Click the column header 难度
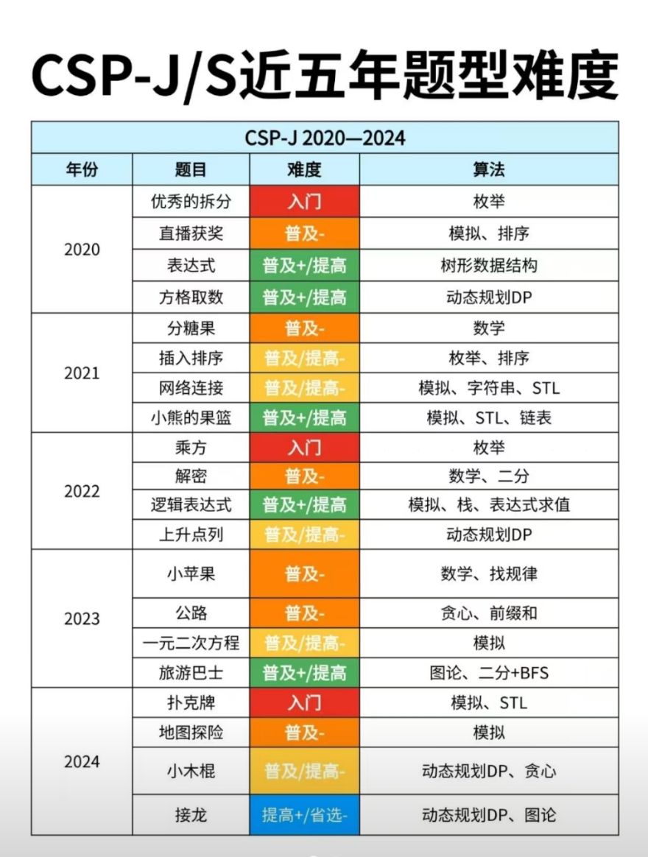click(304, 170)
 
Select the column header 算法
click(488, 170)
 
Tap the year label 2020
click(82, 250)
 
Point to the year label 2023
click(82, 618)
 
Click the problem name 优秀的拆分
click(191, 202)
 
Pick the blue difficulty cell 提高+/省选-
click(304, 815)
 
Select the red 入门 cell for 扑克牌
click(304, 703)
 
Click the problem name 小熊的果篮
click(191, 417)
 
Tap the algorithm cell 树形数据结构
click(488, 265)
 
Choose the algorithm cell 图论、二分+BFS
click(488, 672)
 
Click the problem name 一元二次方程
click(191, 642)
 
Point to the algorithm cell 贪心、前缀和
click(488, 613)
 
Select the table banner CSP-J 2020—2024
click(324, 138)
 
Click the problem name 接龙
click(191, 815)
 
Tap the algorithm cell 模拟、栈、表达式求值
click(488, 505)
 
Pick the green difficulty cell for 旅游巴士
click(304, 672)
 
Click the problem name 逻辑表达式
click(191, 505)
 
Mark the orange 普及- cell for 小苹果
click(304, 574)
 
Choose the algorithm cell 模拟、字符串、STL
click(488, 387)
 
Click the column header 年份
click(82, 170)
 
